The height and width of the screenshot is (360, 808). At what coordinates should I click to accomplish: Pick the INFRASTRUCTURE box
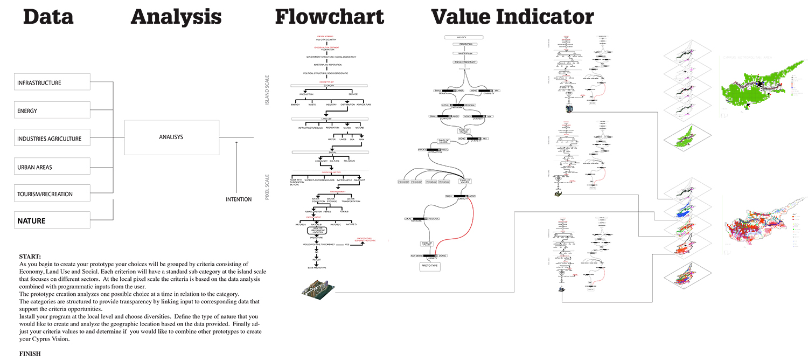coord(52,82)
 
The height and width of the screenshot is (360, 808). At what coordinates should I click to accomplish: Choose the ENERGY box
coord(52,110)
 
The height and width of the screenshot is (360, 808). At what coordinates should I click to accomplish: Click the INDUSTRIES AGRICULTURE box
coord(52,139)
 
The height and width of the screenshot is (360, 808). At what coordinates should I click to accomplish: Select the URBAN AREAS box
coord(52,167)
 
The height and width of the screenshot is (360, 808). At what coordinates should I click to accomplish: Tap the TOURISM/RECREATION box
coord(52,194)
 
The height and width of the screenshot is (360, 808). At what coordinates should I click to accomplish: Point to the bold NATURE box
coord(52,220)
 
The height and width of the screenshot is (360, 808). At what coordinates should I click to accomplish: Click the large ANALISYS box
coord(172,137)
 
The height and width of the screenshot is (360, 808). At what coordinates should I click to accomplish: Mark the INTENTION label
coord(239,199)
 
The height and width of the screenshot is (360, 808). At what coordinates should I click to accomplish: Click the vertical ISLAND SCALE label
coord(267,89)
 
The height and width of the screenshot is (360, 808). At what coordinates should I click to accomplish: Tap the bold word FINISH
coord(30,354)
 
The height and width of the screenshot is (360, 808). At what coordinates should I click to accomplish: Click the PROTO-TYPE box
coord(430,266)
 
